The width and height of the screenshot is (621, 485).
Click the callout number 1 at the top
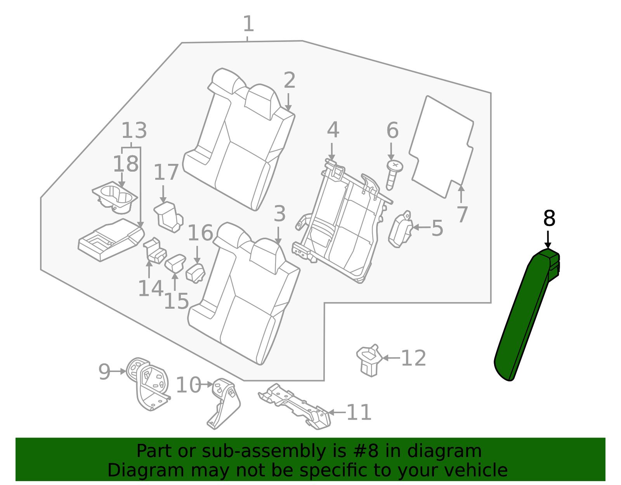[x=248, y=24]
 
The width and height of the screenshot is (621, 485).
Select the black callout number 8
[x=549, y=219]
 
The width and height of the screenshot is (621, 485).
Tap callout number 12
[x=413, y=358]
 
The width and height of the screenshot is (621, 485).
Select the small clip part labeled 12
[x=369, y=360]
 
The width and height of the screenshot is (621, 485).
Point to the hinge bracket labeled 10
[x=225, y=404]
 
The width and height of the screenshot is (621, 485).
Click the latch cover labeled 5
[x=400, y=231]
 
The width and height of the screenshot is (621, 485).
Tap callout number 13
[x=134, y=131]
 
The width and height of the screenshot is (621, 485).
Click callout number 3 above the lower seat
[x=279, y=214]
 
